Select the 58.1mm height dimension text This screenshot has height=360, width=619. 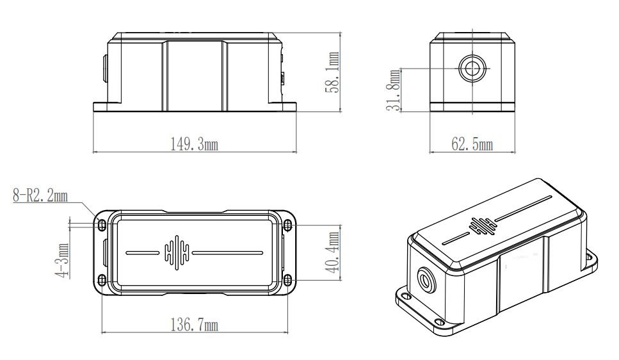pos(331,72)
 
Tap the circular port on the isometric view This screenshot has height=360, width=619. pos(424,280)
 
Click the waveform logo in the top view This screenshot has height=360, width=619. pos(175,250)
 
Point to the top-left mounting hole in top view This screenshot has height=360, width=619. pos(101,224)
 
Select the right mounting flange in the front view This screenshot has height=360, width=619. pos(289,106)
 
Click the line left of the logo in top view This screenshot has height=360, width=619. pos(142,251)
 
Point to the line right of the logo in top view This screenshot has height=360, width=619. pos(227,251)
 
